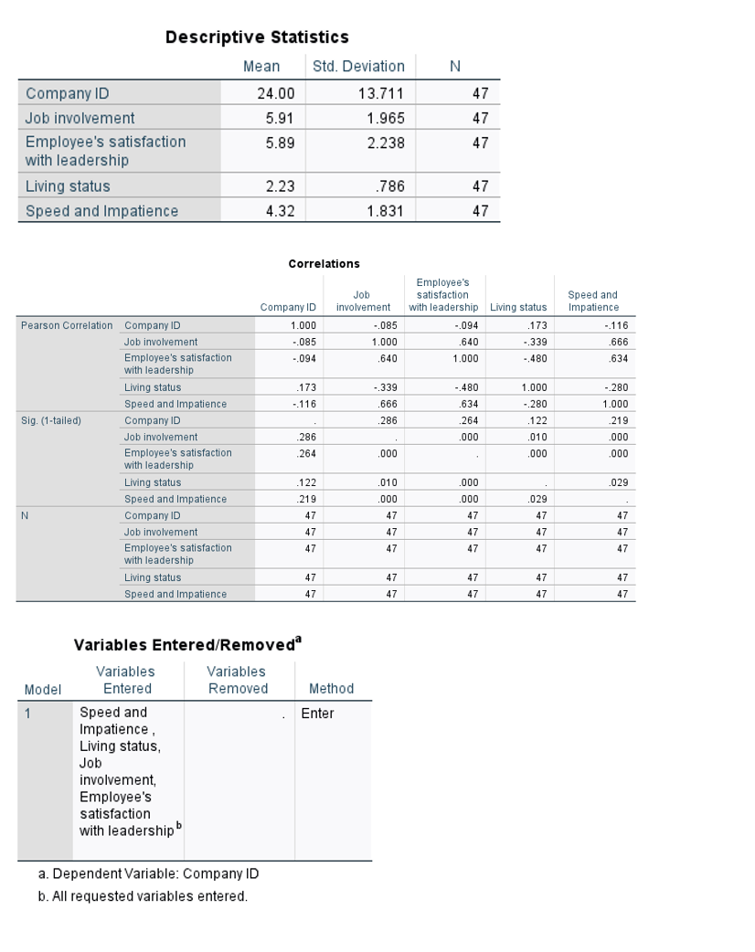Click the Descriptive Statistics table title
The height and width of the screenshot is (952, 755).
click(x=257, y=37)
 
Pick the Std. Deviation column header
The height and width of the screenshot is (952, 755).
click(x=358, y=67)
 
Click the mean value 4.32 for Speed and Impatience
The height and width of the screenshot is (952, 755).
click(x=279, y=211)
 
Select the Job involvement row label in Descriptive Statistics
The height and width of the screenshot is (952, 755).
click(x=80, y=118)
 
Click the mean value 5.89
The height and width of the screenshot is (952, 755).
click(x=279, y=143)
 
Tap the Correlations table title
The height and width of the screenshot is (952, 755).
click(x=324, y=264)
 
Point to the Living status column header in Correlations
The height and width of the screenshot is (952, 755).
click(x=518, y=307)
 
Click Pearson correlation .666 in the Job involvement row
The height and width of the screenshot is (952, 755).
click(x=619, y=342)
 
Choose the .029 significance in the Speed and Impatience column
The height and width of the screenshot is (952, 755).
click(x=619, y=482)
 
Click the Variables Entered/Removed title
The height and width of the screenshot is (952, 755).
click(x=187, y=645)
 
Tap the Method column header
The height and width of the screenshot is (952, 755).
click(x=331, y=689)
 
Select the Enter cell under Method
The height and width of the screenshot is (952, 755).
click(x=318, y=714)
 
